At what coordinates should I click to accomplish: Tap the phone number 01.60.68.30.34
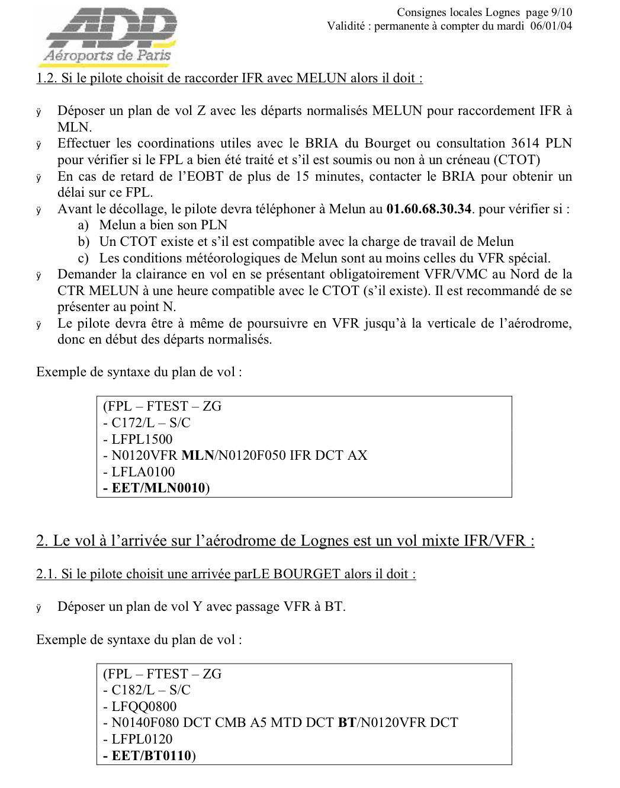coord(429,209)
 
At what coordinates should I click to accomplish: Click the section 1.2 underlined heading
coord(230,78)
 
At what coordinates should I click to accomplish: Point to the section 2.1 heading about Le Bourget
coord(226,574)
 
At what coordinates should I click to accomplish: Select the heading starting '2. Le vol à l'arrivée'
coord(285,541)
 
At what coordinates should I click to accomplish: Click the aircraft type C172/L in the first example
coord(136,423)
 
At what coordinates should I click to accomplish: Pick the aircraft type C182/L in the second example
coord(136,690)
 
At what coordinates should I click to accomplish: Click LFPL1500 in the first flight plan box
coord(142,440)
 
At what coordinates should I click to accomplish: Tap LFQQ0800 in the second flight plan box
coord(144,707)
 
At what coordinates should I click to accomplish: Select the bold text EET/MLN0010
coord(158,489)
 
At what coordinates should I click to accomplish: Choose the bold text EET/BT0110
coord(151,756)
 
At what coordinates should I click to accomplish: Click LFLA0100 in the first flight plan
coord(143,472)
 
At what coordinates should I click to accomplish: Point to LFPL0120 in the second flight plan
coord(142,739)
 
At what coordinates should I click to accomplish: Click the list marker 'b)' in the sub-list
coord(83,242)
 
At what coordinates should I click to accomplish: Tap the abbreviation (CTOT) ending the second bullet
coord(517,160)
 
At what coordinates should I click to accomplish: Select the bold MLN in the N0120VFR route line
coord(197,456)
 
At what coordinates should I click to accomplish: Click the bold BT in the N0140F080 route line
coord(347,723)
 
